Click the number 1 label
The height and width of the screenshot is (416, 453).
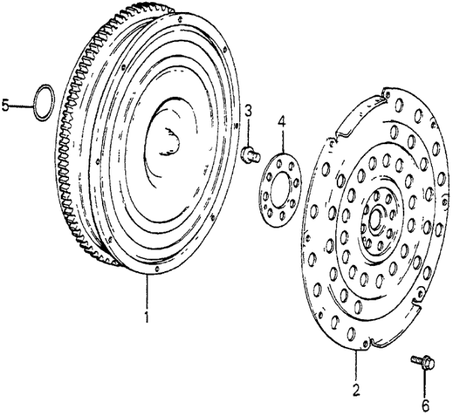(x=147, y=317)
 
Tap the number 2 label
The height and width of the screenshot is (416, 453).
(x=356, y=389)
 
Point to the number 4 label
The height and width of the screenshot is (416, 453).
(x=281, y=121)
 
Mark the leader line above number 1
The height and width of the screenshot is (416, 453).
(x=147, y=293)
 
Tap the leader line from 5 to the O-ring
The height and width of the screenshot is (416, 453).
(x=23, y=106)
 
